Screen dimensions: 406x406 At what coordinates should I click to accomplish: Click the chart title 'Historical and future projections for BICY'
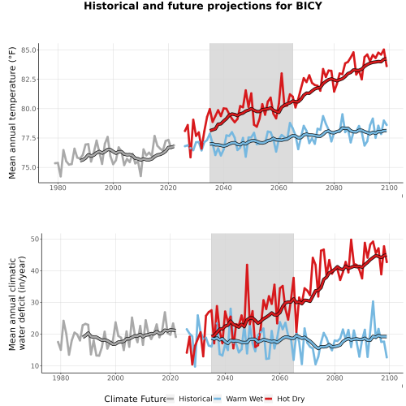(203, 6)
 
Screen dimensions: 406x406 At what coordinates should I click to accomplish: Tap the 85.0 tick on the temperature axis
(28, 50)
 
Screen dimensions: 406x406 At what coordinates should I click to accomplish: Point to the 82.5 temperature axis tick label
(28, 80)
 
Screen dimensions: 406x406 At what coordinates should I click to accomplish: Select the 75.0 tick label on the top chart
(28, 167)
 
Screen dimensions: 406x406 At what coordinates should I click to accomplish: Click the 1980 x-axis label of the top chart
(58, 188)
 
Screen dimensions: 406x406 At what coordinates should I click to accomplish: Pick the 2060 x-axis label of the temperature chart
(279, 188)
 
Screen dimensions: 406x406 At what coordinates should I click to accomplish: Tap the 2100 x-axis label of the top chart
(389, 188)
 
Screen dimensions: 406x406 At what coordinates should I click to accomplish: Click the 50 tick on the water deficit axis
(35, 239)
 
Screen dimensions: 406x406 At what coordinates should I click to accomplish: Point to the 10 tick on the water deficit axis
(35, 366)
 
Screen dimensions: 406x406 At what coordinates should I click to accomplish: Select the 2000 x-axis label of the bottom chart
(115, 378)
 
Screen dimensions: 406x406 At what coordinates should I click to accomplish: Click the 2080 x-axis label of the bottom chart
(335, 378)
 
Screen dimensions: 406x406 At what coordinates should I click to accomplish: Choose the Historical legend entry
(189, 399)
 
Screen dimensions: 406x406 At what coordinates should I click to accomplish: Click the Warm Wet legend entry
(238, 399)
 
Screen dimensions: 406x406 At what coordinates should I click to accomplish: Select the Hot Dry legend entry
(284, 399)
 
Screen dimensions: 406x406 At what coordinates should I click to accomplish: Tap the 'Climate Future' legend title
(135, 399)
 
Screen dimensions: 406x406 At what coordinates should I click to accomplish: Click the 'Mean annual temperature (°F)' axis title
(12, 113)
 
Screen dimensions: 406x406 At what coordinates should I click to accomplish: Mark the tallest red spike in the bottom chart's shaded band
(247, 265)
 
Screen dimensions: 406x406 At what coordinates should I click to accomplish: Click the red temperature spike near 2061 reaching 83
(282, 73)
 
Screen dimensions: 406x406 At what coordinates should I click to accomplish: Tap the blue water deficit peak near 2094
(373, 301)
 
